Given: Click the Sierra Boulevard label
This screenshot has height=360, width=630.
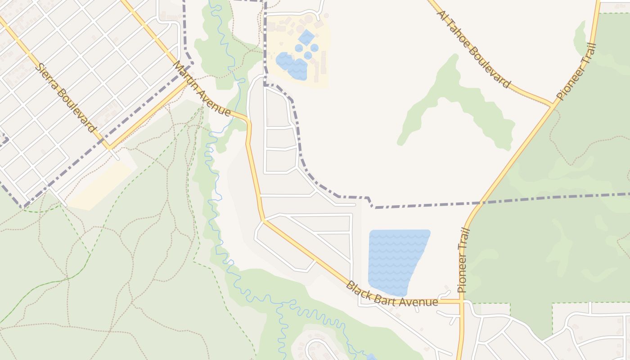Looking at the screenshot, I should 66,98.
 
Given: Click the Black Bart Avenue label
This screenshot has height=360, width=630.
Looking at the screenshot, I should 391,295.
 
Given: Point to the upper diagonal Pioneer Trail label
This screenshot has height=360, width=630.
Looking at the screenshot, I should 576,72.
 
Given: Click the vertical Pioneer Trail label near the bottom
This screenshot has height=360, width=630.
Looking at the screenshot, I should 463,261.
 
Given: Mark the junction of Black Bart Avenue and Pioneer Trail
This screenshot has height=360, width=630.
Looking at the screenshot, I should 461,301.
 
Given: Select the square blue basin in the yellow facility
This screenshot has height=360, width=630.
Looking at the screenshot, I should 306,37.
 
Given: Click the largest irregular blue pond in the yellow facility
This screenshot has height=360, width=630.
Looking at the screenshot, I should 292,66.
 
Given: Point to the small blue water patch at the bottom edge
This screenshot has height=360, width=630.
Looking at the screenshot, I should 371,357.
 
